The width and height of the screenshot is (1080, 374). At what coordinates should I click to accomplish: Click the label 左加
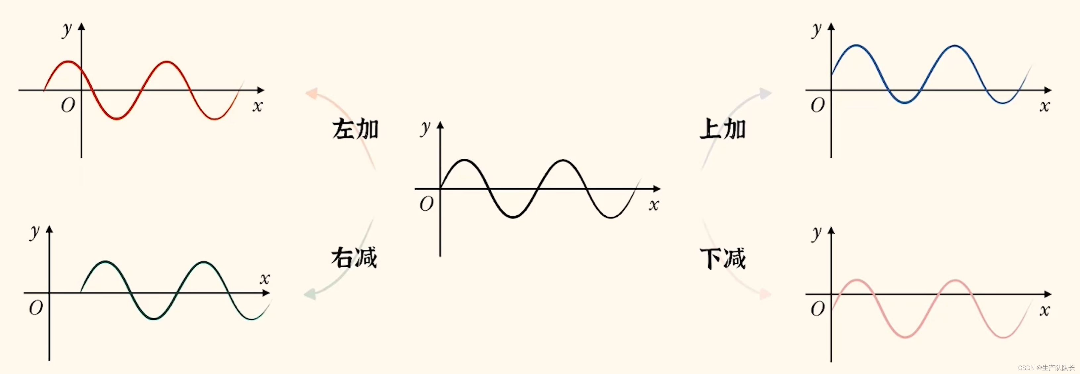coord(355,129)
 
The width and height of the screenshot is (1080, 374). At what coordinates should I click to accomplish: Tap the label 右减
coord(354,257)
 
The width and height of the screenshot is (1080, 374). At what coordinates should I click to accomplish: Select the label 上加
coord(722,129)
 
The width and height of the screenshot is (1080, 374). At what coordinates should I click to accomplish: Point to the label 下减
coord(722,258)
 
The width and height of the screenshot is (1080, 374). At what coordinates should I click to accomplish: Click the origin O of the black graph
coord(426,204)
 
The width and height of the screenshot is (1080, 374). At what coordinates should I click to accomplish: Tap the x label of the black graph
coord(654,205)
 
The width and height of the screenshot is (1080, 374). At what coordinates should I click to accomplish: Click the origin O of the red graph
coord(68,105)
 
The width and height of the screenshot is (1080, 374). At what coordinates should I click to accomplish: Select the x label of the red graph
coord(258,106)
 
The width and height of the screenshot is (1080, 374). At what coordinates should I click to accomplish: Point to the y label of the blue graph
coord(816,29)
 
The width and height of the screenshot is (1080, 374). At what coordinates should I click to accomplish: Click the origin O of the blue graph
coord(817,105)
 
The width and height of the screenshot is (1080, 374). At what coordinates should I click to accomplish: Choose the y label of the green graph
coord(34,232)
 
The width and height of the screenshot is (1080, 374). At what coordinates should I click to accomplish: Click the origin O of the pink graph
coord(817,309)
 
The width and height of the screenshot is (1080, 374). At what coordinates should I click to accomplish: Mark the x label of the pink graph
coord(1044,311)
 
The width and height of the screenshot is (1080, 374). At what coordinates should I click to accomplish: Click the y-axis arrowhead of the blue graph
coord(831,27)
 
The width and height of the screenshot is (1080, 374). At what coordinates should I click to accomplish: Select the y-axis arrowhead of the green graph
coord(49,229)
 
